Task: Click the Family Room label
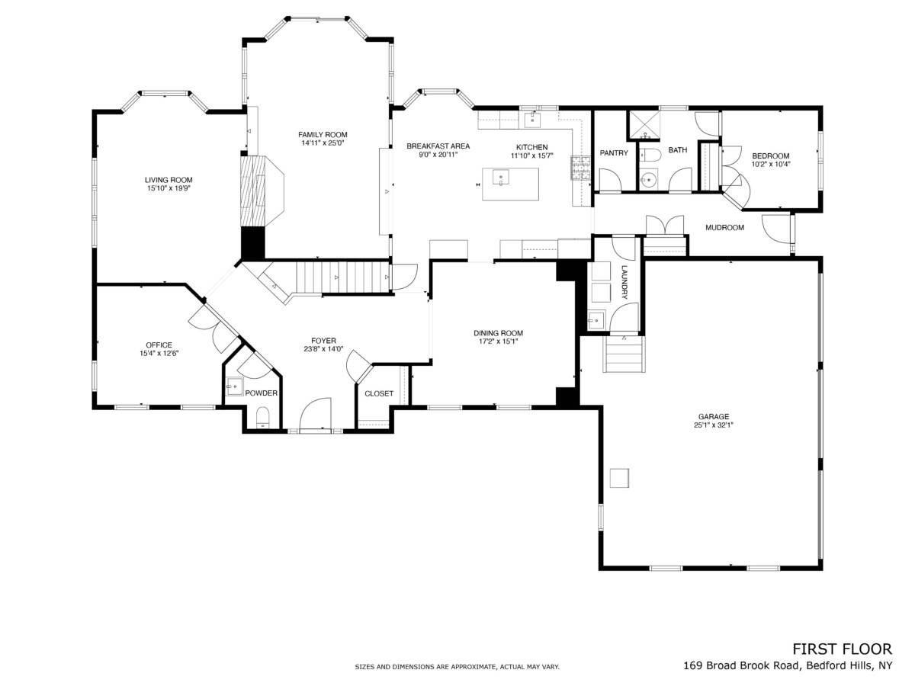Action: (x=323, y=135)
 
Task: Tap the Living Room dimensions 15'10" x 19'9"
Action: (x=169, y=188)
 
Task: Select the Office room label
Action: (x=159, y=345)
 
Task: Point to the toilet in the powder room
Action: (x=262, y=418)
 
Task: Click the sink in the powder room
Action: (x=234, y=387)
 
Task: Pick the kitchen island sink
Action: (x=501, y=177)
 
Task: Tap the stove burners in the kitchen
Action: (x=581, y=168)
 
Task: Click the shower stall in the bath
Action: (x=644, y=124)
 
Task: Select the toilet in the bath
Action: (x=650, y=155)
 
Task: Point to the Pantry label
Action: (x=614, y=153)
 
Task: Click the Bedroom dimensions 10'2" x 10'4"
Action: (x=771, y=164)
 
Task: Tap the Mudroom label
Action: (x=724, y=227)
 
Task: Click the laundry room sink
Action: (x=596, y=320)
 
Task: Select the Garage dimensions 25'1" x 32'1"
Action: (x=714, y=425)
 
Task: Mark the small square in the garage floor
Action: (x=619, y=478)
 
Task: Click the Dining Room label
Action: (x=498, y=333)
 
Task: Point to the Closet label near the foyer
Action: (x=379, y=393)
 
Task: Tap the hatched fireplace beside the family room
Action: (x=253, y=191)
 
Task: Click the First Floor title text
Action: (x=842, y=649)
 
